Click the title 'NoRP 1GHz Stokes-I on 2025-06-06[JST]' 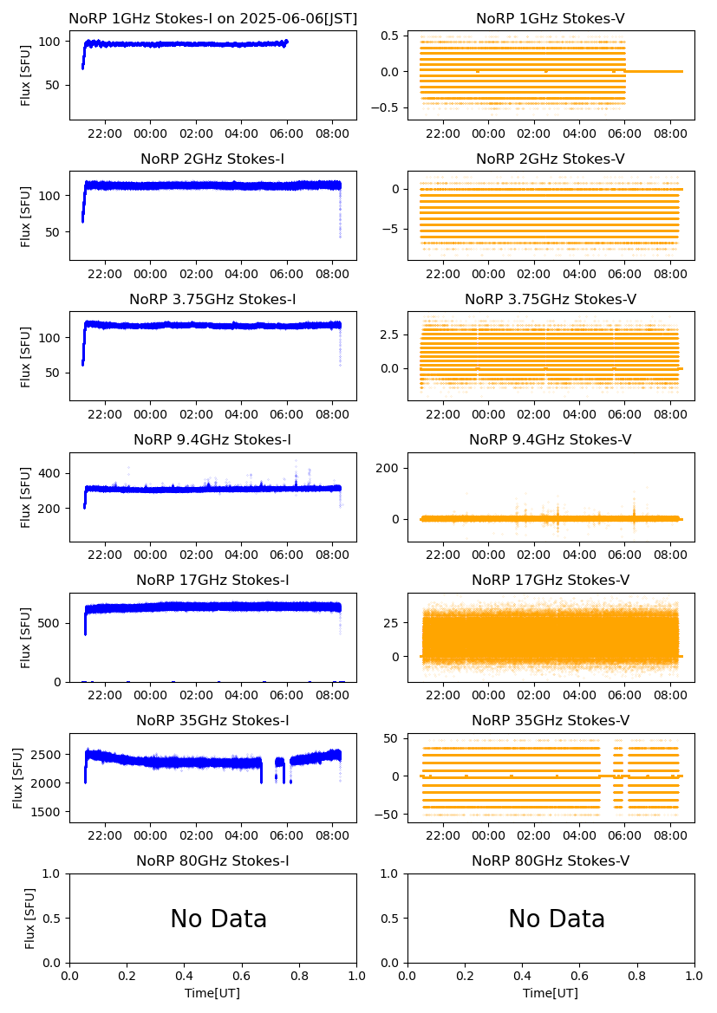[x=212, y=18]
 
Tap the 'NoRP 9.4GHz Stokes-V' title [x=551, y=440]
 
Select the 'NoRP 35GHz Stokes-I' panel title [x=212, y=721]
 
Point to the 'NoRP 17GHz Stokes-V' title [x=551, y=581]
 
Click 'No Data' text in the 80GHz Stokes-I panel [x=218, y=919]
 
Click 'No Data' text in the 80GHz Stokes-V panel [x=557, y=919]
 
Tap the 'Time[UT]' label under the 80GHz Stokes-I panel [x=212, y=993]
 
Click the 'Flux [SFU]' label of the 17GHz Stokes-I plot [x=26, y=637]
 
